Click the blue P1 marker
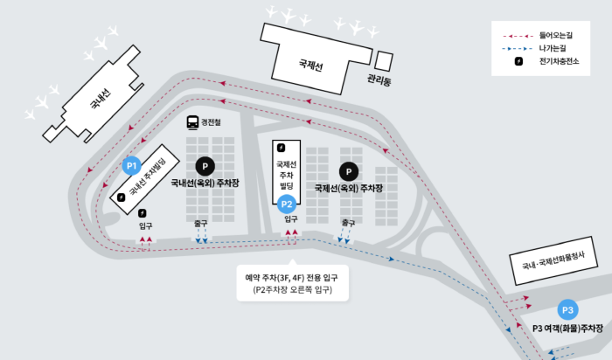[x=132, y=165]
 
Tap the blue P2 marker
[x=286, y=204]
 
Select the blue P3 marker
[x=567, y=310]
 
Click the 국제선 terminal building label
[x=310, y=64]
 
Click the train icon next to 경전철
[x=192, y=123]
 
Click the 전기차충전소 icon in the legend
[x=518, y=62]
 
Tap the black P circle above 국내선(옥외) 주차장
[x=205, y=164]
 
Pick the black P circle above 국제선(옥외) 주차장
[x=349, y=171]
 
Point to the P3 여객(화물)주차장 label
[x=569, y=328]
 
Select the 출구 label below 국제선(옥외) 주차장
[x=347, y=222]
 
